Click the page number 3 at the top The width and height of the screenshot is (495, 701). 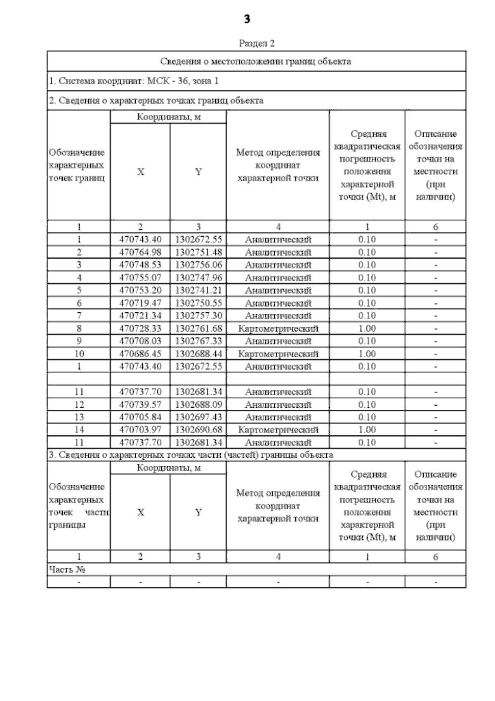click(x=247, y=19)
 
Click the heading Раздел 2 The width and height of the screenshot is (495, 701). click(x=257, y=43)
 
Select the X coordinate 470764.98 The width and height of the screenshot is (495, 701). click(x=140, y=252)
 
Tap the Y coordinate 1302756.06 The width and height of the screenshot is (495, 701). click(x=198, y=265)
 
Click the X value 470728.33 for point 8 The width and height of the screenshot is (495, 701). click(x=140, y=328)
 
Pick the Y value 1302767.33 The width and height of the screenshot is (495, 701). click(x=198, y=341)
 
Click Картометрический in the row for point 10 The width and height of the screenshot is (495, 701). click(x=278, y=354)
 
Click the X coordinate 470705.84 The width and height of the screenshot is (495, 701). click(x=140, y=417)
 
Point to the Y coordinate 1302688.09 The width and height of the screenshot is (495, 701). click(x=198, y=404)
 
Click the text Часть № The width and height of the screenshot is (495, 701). click(x=67, y=570)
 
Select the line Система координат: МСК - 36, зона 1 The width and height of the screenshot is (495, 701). click(x=134, y=81)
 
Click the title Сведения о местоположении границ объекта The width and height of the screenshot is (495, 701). click(x=256, y=62)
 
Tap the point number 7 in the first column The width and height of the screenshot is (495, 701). click(x=79, y=316)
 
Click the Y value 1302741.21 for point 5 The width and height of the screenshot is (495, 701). click(x=198, y=290)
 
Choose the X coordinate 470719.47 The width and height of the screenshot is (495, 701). click(x=140, y=303)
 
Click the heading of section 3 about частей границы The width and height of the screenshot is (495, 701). click(x=191, y=455)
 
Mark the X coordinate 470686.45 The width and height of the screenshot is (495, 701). click(x=140, y=354)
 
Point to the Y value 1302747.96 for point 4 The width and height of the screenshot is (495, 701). click(x=198, y=278)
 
